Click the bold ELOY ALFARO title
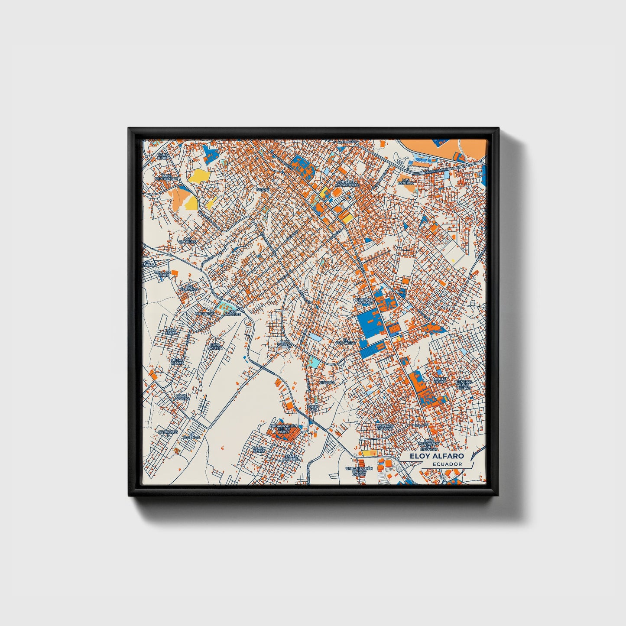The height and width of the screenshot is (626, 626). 438,456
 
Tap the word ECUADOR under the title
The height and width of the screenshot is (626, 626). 447,464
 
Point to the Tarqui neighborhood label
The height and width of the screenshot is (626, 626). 263,190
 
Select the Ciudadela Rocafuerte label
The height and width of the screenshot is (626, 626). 348,184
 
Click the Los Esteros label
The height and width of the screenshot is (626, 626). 406,182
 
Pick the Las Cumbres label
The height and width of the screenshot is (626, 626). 189,240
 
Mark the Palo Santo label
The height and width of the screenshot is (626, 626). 172,331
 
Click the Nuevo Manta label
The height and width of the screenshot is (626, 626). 178,361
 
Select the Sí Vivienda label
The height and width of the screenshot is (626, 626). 191,436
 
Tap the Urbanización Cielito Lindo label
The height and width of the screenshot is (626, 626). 284,429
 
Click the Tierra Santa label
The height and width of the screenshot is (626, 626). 259,449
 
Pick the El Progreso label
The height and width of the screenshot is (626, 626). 346,341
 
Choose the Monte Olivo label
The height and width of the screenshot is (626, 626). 439,380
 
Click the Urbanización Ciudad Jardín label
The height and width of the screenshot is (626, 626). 359,471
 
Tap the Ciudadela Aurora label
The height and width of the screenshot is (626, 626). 364,300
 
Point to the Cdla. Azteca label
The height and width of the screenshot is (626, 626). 216,346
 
